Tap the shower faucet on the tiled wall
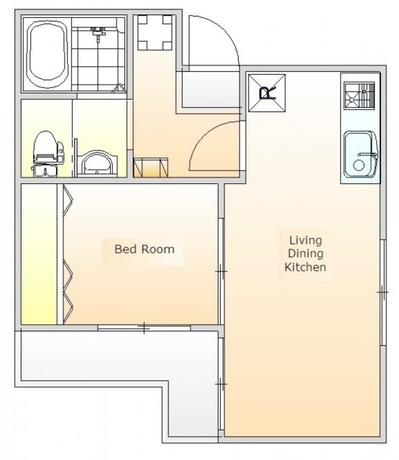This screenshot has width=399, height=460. click(x=98, y=33)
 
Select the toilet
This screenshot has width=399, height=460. click(x=47, y=153)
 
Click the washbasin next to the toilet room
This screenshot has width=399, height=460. click(x=97, y=164)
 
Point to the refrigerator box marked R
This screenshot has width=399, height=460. click(x=267, y=93)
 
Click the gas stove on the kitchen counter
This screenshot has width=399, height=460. click(x=359, y=96)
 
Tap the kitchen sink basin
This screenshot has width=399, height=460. click(x=360, y=155)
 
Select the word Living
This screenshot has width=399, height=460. click(x=306, y=240)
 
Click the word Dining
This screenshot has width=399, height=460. click(x=306, y=254)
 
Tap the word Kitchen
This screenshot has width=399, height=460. click(x=306, y=267)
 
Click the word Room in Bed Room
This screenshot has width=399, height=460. click(x=157, y=249)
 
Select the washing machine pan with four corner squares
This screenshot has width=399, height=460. click(x=155, y=32)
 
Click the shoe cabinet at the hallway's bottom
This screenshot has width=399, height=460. click(x=151, y=167)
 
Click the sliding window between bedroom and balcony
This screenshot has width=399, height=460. click(x=144, y=328)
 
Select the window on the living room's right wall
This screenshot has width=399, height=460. click(x=383, y=293)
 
